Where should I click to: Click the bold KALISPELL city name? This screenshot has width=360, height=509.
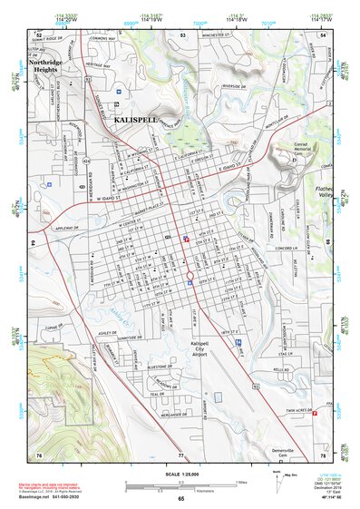(x=136, y=120)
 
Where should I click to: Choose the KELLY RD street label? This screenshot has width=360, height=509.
(x=282, y=369)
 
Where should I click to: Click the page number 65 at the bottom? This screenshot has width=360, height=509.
(x=181, y=498)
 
